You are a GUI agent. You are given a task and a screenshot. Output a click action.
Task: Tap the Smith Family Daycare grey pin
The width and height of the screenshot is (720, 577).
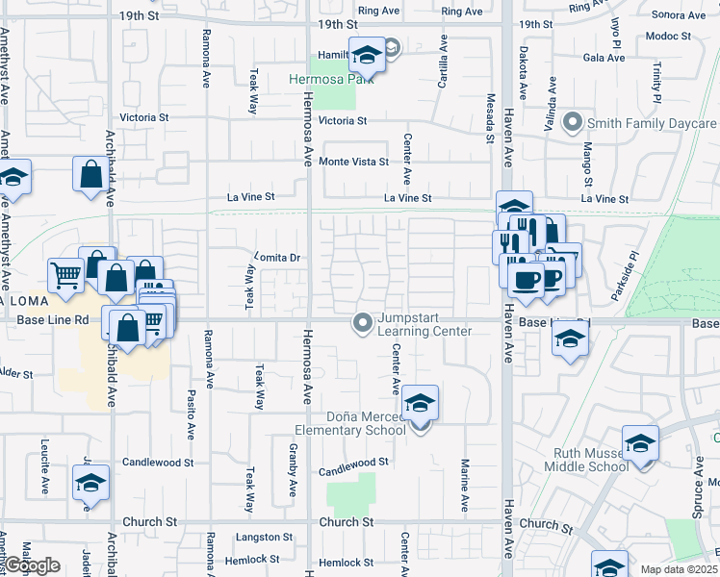574,122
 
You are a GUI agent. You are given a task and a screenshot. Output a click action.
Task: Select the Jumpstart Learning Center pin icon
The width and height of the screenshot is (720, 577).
363,322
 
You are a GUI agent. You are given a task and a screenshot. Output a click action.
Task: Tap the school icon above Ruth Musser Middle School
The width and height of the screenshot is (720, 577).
640,442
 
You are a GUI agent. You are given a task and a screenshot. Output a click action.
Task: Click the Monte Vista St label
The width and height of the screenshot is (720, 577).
353,162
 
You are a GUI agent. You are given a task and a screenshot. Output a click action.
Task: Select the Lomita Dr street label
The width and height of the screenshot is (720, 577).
278,258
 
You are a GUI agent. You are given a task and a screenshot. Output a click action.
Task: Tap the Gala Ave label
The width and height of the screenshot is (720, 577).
604,57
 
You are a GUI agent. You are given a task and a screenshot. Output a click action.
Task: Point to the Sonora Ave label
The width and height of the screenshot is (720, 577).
679,14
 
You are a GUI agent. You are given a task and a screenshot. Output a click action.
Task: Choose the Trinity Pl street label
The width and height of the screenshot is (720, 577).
656,84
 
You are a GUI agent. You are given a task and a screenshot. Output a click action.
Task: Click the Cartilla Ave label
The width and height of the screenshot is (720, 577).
444,63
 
